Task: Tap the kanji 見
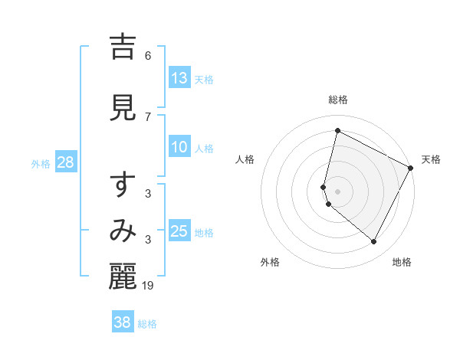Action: click(123, 108)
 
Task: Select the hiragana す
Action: click(123, 187)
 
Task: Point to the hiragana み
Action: click(123, 231)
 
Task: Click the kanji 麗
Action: click(123, 277)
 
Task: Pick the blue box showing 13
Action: click(179, 78)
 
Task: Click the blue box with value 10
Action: click(179, 148)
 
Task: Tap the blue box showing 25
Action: click(179, 232)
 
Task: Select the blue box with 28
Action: click(65, 163)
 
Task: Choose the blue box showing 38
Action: click(123, 322)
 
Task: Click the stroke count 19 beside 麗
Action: click(148, 285)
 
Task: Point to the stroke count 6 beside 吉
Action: click(148, 55)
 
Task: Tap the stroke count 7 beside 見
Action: click(148, 116)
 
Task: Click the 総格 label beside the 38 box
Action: click(147, 324)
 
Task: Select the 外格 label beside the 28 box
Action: click(41, 164)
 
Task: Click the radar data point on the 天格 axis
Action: click(412, 168)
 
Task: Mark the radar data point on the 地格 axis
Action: click(374, 242)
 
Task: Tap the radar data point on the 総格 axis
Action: click(337, 130)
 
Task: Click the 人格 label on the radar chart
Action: click(245, 159)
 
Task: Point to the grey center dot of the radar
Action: click(337, 191)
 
